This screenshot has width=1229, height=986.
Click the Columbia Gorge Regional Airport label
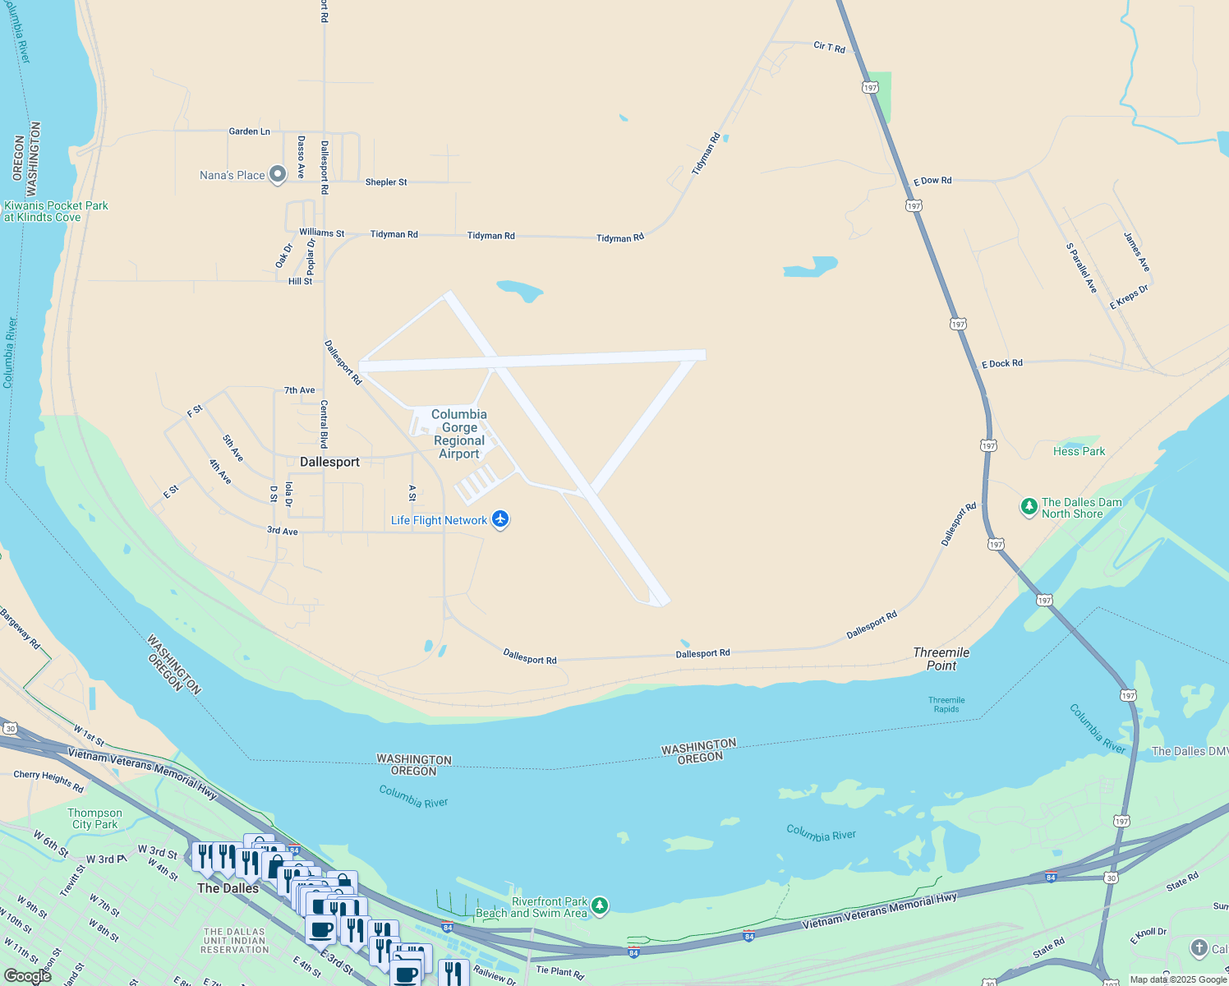click(459, 434)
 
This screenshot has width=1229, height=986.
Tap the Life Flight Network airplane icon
click(500, 519)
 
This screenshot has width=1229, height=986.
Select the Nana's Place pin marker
click(278, 173)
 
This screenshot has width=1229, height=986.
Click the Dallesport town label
click(329, 462)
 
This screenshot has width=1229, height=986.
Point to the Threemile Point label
click(941, 659)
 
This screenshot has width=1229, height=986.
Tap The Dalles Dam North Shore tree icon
click(1029, 507)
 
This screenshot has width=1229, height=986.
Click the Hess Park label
click(1079, 451)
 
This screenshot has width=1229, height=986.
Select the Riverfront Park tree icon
click(601, 905)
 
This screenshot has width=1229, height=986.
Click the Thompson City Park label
click(94, 818)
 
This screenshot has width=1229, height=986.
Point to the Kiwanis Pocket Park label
click(56, 211)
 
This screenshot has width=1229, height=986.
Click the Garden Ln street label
click(249, 131)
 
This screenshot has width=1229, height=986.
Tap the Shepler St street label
click(386, 182)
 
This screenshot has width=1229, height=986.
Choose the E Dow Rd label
click(932, 181)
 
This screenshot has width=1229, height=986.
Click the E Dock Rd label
click(1002, 363)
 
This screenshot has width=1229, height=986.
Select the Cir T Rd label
click(829, 48)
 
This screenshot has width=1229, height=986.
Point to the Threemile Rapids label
click(946, 705)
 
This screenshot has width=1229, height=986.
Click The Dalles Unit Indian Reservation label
click(235, 941)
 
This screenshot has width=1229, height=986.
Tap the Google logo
click(28, 976)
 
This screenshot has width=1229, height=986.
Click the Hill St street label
click(300, 281)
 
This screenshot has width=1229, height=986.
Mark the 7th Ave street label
click(299, 390)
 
